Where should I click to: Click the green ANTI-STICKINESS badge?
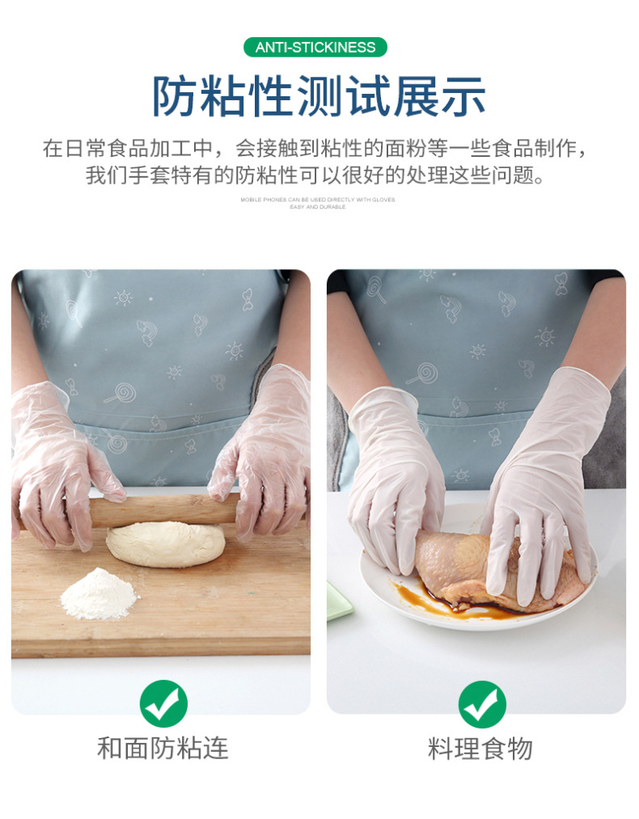pyautogui.click(x=315, y=47)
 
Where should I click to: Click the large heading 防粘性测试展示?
pyautogui.click(x=319, y=96)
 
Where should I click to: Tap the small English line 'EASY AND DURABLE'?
pyautogui.click(x=318, y=207)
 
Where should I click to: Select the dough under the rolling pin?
pyautogui.click(x=166, y=543)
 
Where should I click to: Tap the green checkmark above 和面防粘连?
pyautogui.click(x=163, y=703)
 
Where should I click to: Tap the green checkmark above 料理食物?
pyautogui.click(x=482, y=704)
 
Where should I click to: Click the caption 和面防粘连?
pyautogui.click(x=163, y=748)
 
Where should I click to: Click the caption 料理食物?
pyautogui.click(x=480, y=749)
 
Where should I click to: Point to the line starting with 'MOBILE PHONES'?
pyautogui.click(x=318, y=199)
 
